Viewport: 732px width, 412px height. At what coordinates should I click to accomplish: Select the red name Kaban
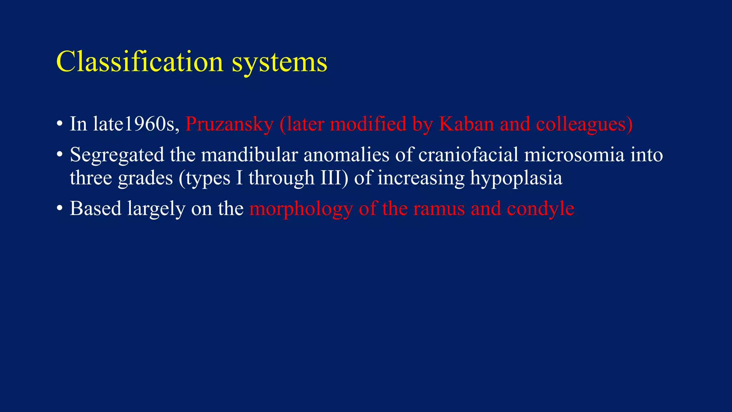pos(466,124)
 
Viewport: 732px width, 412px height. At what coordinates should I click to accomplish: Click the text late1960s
pos(136,124)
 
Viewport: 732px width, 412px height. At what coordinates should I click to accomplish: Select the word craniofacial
pos(468,155)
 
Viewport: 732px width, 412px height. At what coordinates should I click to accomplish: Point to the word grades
pos(145,178)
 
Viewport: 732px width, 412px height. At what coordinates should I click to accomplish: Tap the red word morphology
pos(301,209)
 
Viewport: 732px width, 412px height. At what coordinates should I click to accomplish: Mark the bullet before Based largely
pos(59,209)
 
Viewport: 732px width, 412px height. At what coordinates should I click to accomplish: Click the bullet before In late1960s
pos(59,124)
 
